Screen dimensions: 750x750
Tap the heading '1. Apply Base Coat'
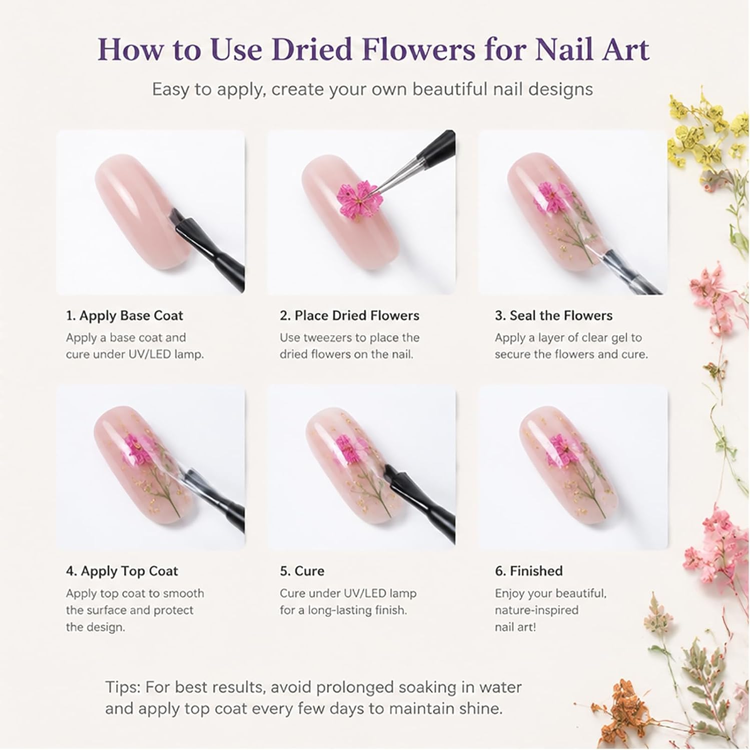(125, 315)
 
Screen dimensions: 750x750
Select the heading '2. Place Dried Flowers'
(350, 315)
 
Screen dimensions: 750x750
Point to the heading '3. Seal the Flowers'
(554, 315)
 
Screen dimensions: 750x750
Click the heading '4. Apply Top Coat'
(122, 571)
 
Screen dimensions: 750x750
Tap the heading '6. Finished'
(529, 571)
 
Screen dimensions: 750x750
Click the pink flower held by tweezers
(353, 199)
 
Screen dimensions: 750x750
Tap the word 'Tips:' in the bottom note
(123, 687)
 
